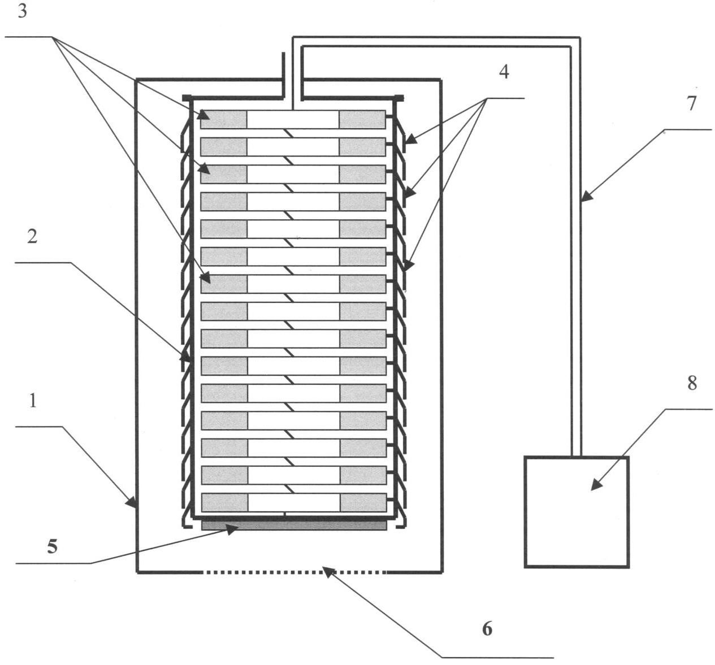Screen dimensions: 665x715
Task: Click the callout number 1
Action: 33,401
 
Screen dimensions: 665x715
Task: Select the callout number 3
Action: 22,11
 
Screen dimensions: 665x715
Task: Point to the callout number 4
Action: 504,72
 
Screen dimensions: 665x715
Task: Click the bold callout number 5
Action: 52,546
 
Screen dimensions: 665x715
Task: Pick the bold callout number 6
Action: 487,628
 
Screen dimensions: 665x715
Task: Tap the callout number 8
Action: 692,383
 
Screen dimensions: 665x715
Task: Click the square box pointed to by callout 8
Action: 577,511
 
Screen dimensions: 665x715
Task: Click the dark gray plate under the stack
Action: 294,525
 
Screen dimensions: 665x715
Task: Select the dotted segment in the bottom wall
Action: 294,572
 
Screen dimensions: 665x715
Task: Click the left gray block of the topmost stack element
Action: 224,119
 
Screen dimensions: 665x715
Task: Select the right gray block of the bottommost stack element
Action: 363,502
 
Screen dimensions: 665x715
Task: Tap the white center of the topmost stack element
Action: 293,119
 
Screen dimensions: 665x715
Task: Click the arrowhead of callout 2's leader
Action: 185,358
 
